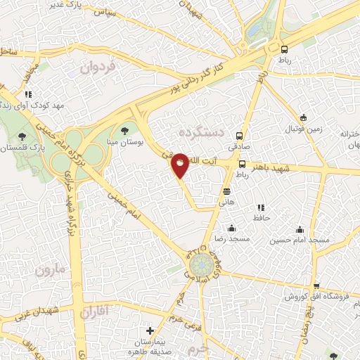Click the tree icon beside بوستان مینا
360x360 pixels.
click(x=125, y=129)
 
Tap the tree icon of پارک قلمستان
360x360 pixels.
click(x=22, y=136)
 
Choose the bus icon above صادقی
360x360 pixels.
click(x=240, y=136)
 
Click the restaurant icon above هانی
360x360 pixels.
click(x=226, y=191)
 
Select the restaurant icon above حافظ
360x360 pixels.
click(x=260, y=208)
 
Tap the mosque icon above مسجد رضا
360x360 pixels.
click(x=232, y=228)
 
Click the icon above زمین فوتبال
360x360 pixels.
click(x=303, y=117)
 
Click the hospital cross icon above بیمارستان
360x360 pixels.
click(x=149, y=330)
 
